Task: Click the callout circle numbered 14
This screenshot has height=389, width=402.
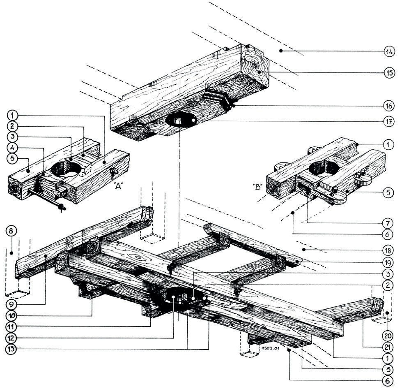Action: pos(388,51)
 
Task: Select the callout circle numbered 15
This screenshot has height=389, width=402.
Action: pos(388,73)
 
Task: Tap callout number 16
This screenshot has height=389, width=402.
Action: pos(388,106)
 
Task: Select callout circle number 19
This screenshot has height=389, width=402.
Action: pos(388,262)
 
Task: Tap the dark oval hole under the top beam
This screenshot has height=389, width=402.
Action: pos(181,120)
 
